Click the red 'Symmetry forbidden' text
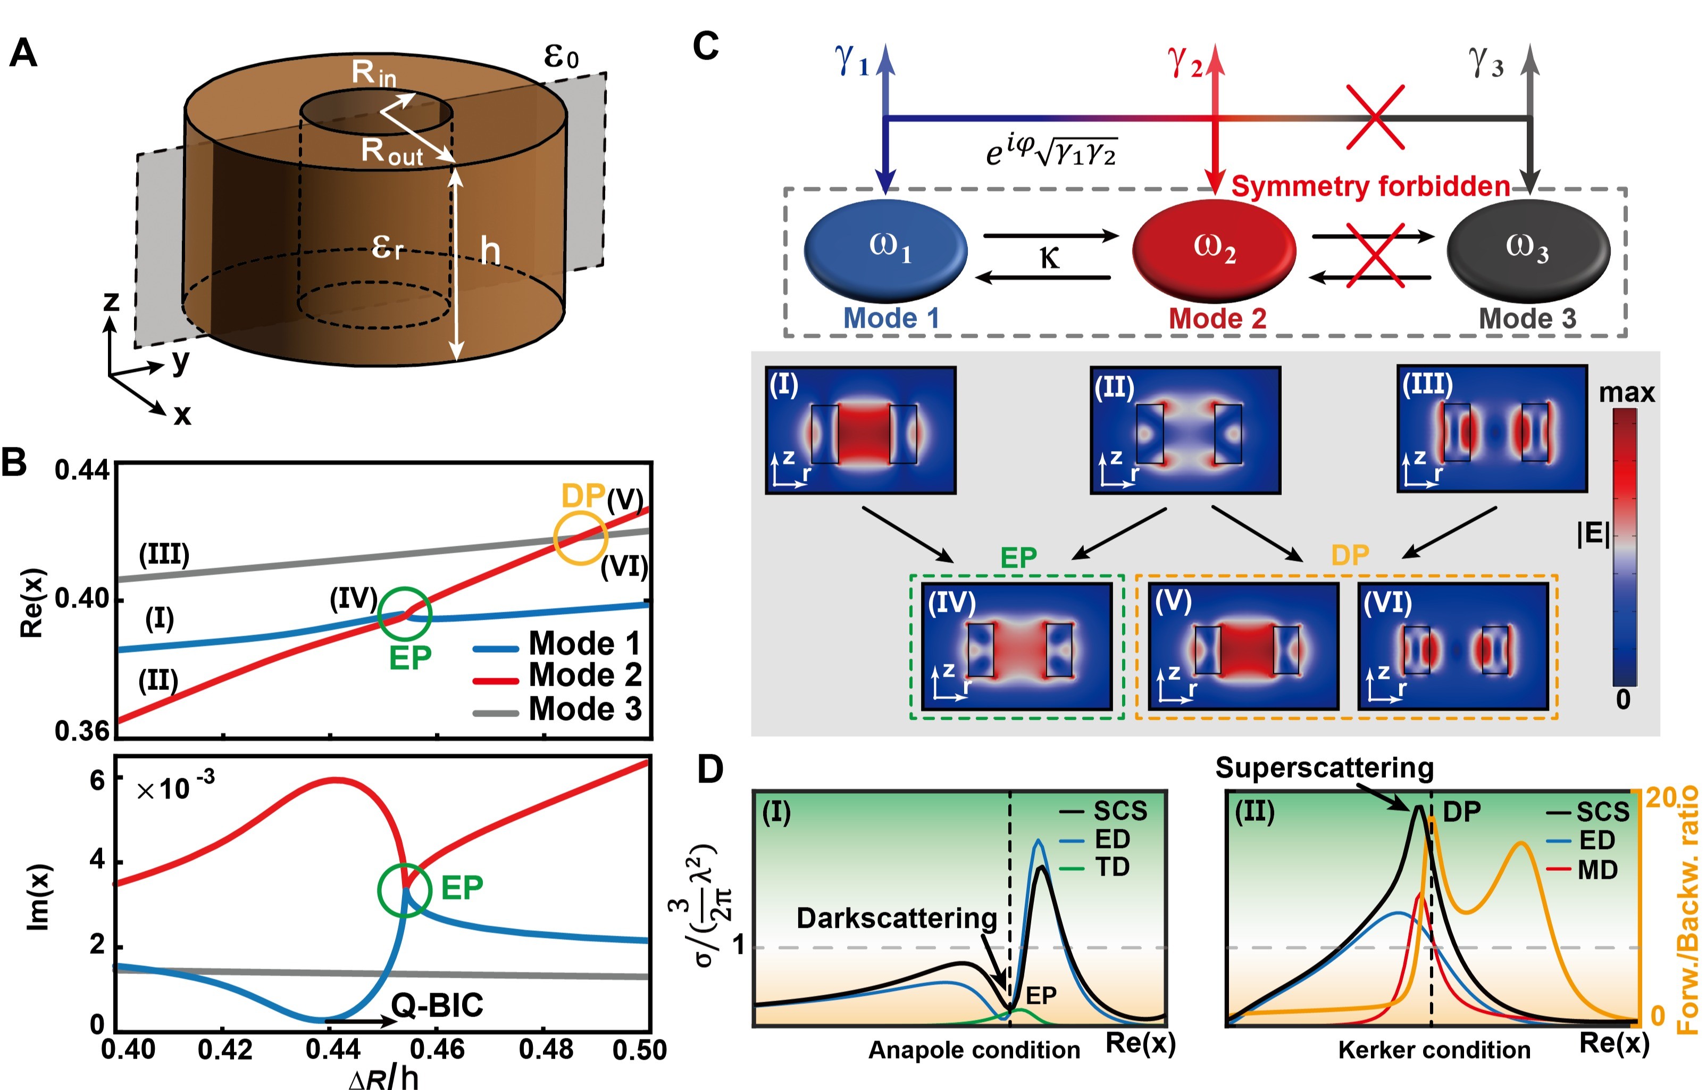[x=1370, y=186]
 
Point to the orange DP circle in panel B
[x=580, y=539]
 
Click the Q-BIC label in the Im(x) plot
[x=437, y=1005]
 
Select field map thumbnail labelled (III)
[x=1491, y=428]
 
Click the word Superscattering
[x=1324, y=768]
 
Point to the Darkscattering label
[x=896, y=919]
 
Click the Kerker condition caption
[x=1434, y=1050]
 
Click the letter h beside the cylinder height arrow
[x=490, y=251]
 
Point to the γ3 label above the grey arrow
[x=1486, y=62]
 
